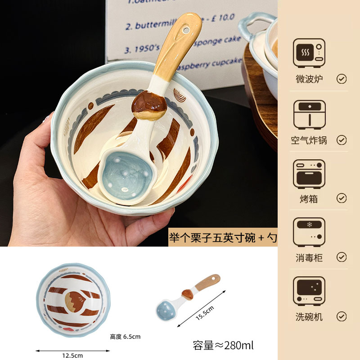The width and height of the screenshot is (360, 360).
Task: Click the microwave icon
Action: [x=309, y=53]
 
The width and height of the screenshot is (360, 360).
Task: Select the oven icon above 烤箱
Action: [x=309, y=173]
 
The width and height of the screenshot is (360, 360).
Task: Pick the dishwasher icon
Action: [x=309, y=291]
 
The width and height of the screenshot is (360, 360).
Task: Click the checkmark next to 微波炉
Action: [x=342, y=79]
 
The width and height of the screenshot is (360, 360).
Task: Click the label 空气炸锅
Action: [x=309, y=140]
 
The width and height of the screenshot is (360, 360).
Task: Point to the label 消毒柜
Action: [x=309, y=257]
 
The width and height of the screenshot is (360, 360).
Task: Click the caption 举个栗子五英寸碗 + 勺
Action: [x=222, y=238]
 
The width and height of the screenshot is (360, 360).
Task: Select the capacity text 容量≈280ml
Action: [x=223, y=345]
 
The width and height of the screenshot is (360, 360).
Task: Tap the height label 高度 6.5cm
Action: [x=126, y=337]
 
